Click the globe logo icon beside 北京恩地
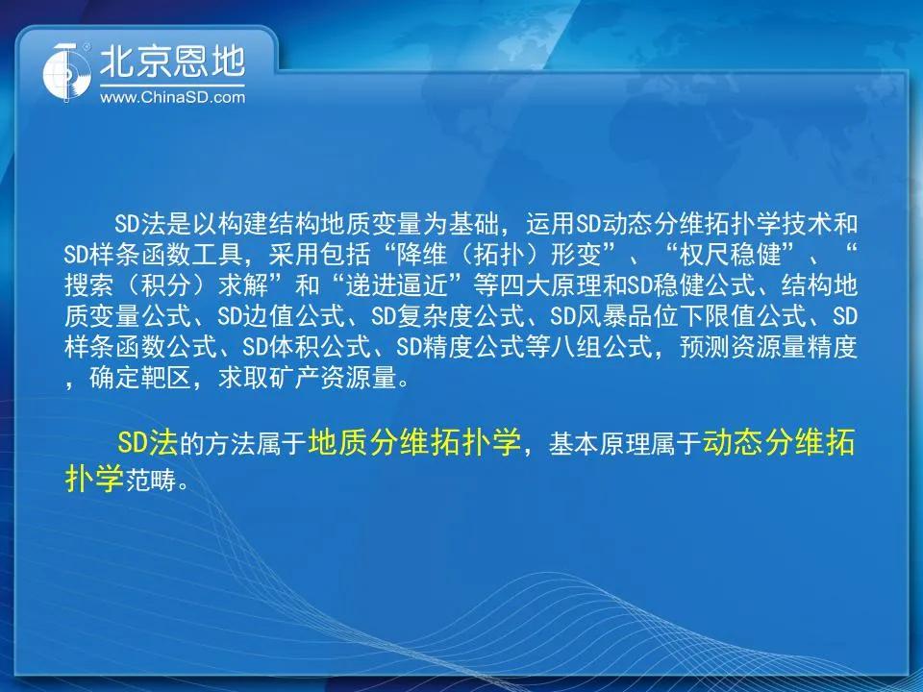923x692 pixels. coord(67,71)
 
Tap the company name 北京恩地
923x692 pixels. coord(172,62)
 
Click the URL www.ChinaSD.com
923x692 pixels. coord(172,97)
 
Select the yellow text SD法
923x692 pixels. coord(147,442)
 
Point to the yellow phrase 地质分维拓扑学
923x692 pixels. coord(414,442)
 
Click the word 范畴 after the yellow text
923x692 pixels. coord(151,481)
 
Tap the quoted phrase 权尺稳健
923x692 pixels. coord(730,255)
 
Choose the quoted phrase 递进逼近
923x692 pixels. coord(410,285)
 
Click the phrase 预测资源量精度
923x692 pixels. coord(768,347)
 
